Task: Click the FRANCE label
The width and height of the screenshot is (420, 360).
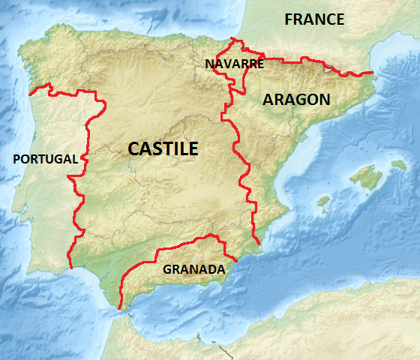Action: [x=314, y=19]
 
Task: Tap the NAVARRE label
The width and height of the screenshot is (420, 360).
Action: [x=234, y=64]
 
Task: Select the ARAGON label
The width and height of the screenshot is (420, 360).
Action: [x=295, y=99]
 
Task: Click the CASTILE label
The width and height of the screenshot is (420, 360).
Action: [x=163, y=148]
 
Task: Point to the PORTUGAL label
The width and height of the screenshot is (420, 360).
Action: [x=45, y=159]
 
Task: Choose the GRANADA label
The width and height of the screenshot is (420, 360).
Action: [x=193, y=268]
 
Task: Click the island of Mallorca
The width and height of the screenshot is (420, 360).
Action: [x=364, y=177]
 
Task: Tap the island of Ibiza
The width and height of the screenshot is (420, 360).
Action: [x=324, y=202]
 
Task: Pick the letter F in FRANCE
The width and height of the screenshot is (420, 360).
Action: [x=289, y=19]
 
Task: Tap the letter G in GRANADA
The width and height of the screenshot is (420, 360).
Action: [x=167, y=268]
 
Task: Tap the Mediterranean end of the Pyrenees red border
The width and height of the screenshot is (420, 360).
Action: [x=372, y=73]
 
